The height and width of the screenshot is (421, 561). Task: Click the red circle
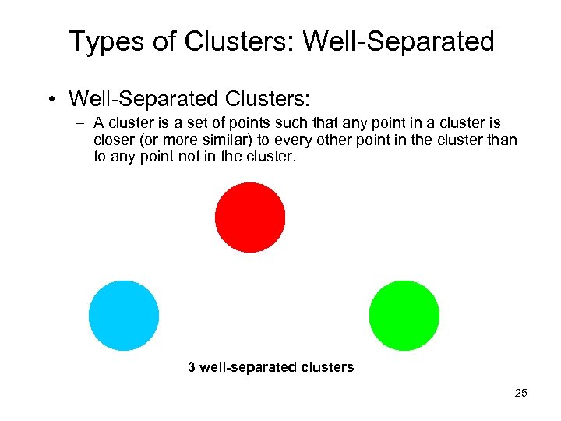pos(250,218)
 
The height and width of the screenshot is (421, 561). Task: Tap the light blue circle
pos(124,316)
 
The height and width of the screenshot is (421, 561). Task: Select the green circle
pos(404,316)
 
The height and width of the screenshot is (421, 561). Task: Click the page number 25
pos(521,393)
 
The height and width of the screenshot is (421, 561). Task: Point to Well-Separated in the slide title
pos(398,41)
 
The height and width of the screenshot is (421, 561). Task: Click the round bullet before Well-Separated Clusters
pos(51,99)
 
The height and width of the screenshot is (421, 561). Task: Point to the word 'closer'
pos(114,140)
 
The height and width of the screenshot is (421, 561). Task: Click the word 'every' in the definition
pos(291,140)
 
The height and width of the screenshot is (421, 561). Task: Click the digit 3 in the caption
pos(192,366)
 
